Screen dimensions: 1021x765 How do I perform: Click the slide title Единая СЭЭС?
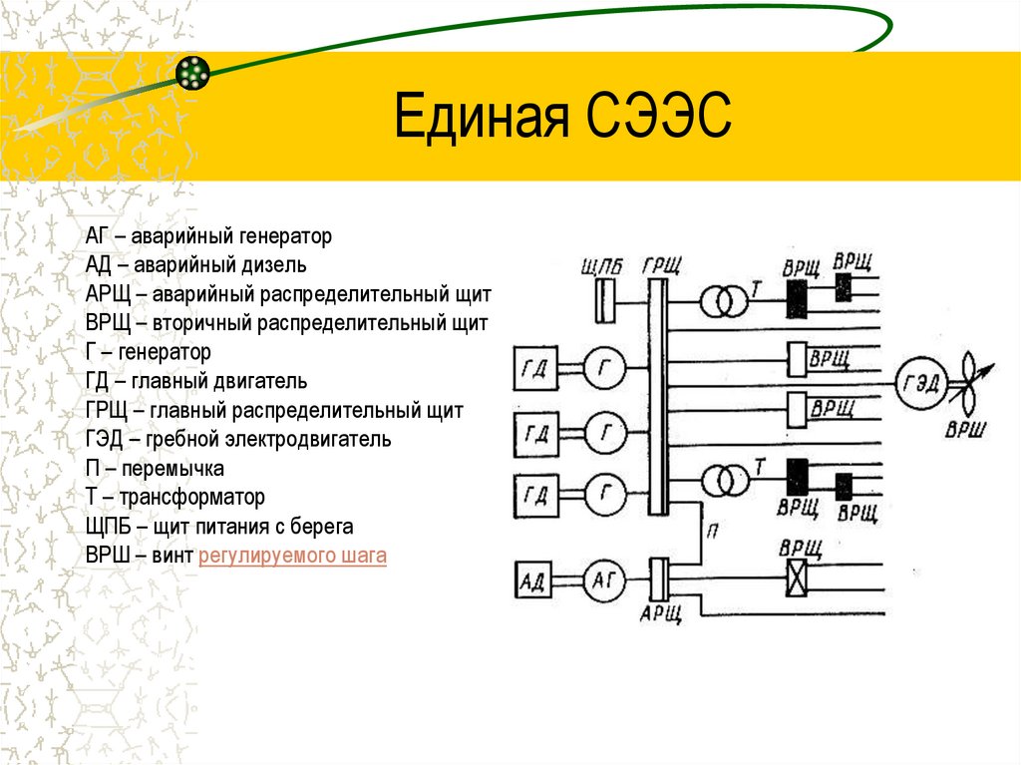[562, 117]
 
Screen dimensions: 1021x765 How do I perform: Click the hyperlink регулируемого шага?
[292, 556]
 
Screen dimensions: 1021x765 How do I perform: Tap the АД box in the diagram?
[533, 580]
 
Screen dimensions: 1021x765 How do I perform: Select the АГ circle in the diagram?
[603, 580]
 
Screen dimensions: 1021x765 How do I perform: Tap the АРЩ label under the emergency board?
[660, 613]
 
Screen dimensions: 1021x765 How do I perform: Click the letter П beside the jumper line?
[712, 531]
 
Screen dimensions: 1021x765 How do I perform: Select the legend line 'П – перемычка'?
[155, 468]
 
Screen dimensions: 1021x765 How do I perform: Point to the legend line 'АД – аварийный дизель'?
[196, 265]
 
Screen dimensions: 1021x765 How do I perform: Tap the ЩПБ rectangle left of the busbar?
[604, 301]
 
